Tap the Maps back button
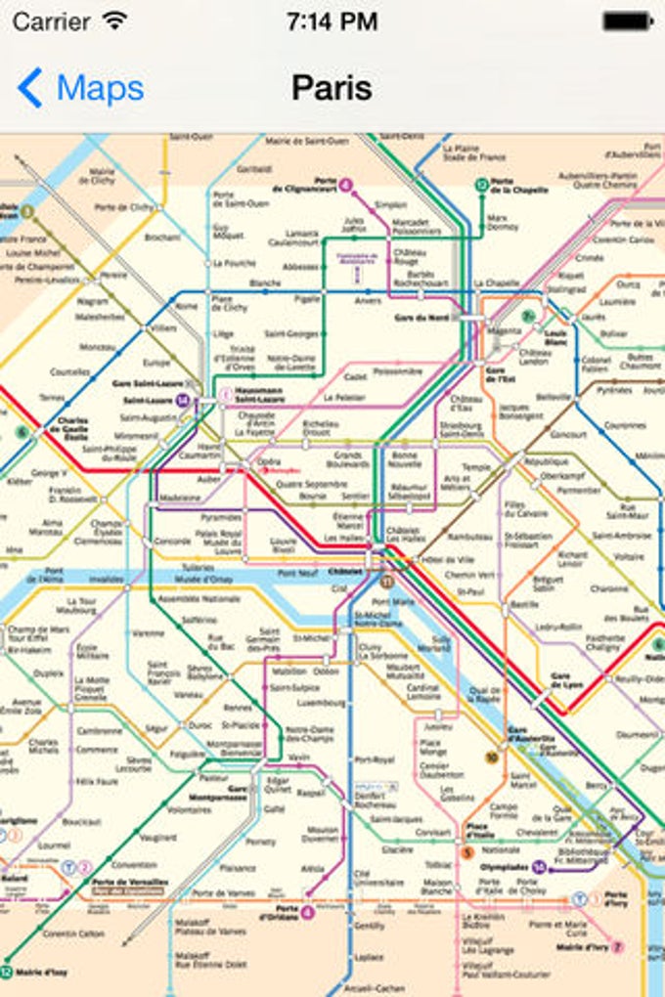coord(80,88)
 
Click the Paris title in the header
coord(332,88)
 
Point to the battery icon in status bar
coord(627,21)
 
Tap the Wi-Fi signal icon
coord(115,21)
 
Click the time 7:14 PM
coord(332,22)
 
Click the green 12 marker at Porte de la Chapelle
coord(481,183)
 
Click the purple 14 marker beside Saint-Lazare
coord(182,400)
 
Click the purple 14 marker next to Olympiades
coord(540,866)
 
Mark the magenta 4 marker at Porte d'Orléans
coord(308,912)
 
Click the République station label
coord(546,460)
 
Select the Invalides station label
coord(107,579)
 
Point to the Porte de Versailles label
coord(129,885)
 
